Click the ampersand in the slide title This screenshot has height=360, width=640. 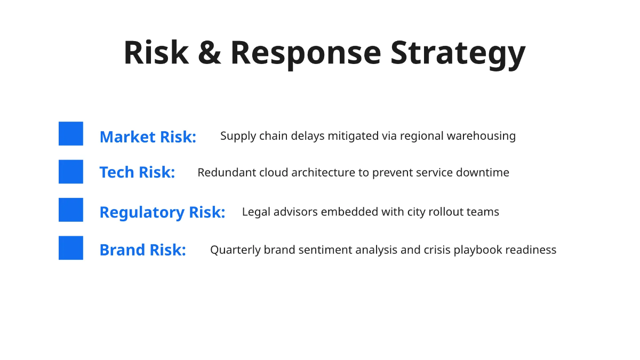coord(210,53)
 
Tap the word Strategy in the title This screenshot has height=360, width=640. coord(458,55)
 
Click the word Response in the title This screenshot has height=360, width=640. coord(306,55)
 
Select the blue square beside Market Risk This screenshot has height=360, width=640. coord(71,133)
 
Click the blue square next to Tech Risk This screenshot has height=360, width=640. coord(71,171)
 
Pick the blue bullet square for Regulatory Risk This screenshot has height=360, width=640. coord(71,210)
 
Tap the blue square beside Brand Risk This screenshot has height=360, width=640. coord(71,247)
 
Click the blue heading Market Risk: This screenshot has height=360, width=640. coord(148,137)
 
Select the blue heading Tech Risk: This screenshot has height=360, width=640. coord(137,172)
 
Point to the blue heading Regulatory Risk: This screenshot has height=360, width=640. coord(162,212)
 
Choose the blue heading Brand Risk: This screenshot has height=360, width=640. coord(143,250)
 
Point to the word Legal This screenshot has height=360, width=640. coord(257,212)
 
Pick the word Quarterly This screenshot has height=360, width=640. coord(235,250)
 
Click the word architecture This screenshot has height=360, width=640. coord(323,172)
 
